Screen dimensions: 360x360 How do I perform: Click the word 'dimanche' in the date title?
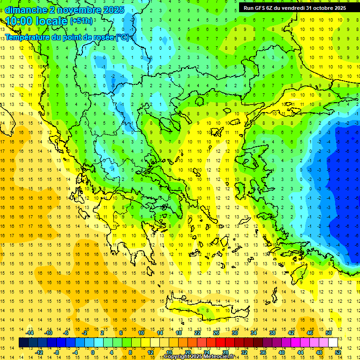[x=23, y=10]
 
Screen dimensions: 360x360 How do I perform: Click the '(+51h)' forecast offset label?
[x=81, y=21]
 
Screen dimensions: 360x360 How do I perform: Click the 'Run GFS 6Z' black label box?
[x=295, y=7]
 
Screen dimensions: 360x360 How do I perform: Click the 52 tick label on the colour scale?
[x=338, y=352]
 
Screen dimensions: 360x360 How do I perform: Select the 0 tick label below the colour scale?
[x=92, y=352]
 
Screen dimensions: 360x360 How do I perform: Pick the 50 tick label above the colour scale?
[x=328, y=333]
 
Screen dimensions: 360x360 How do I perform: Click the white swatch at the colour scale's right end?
[x=333, y=343]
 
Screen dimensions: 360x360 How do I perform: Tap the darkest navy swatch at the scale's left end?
[x=24, y=343]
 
